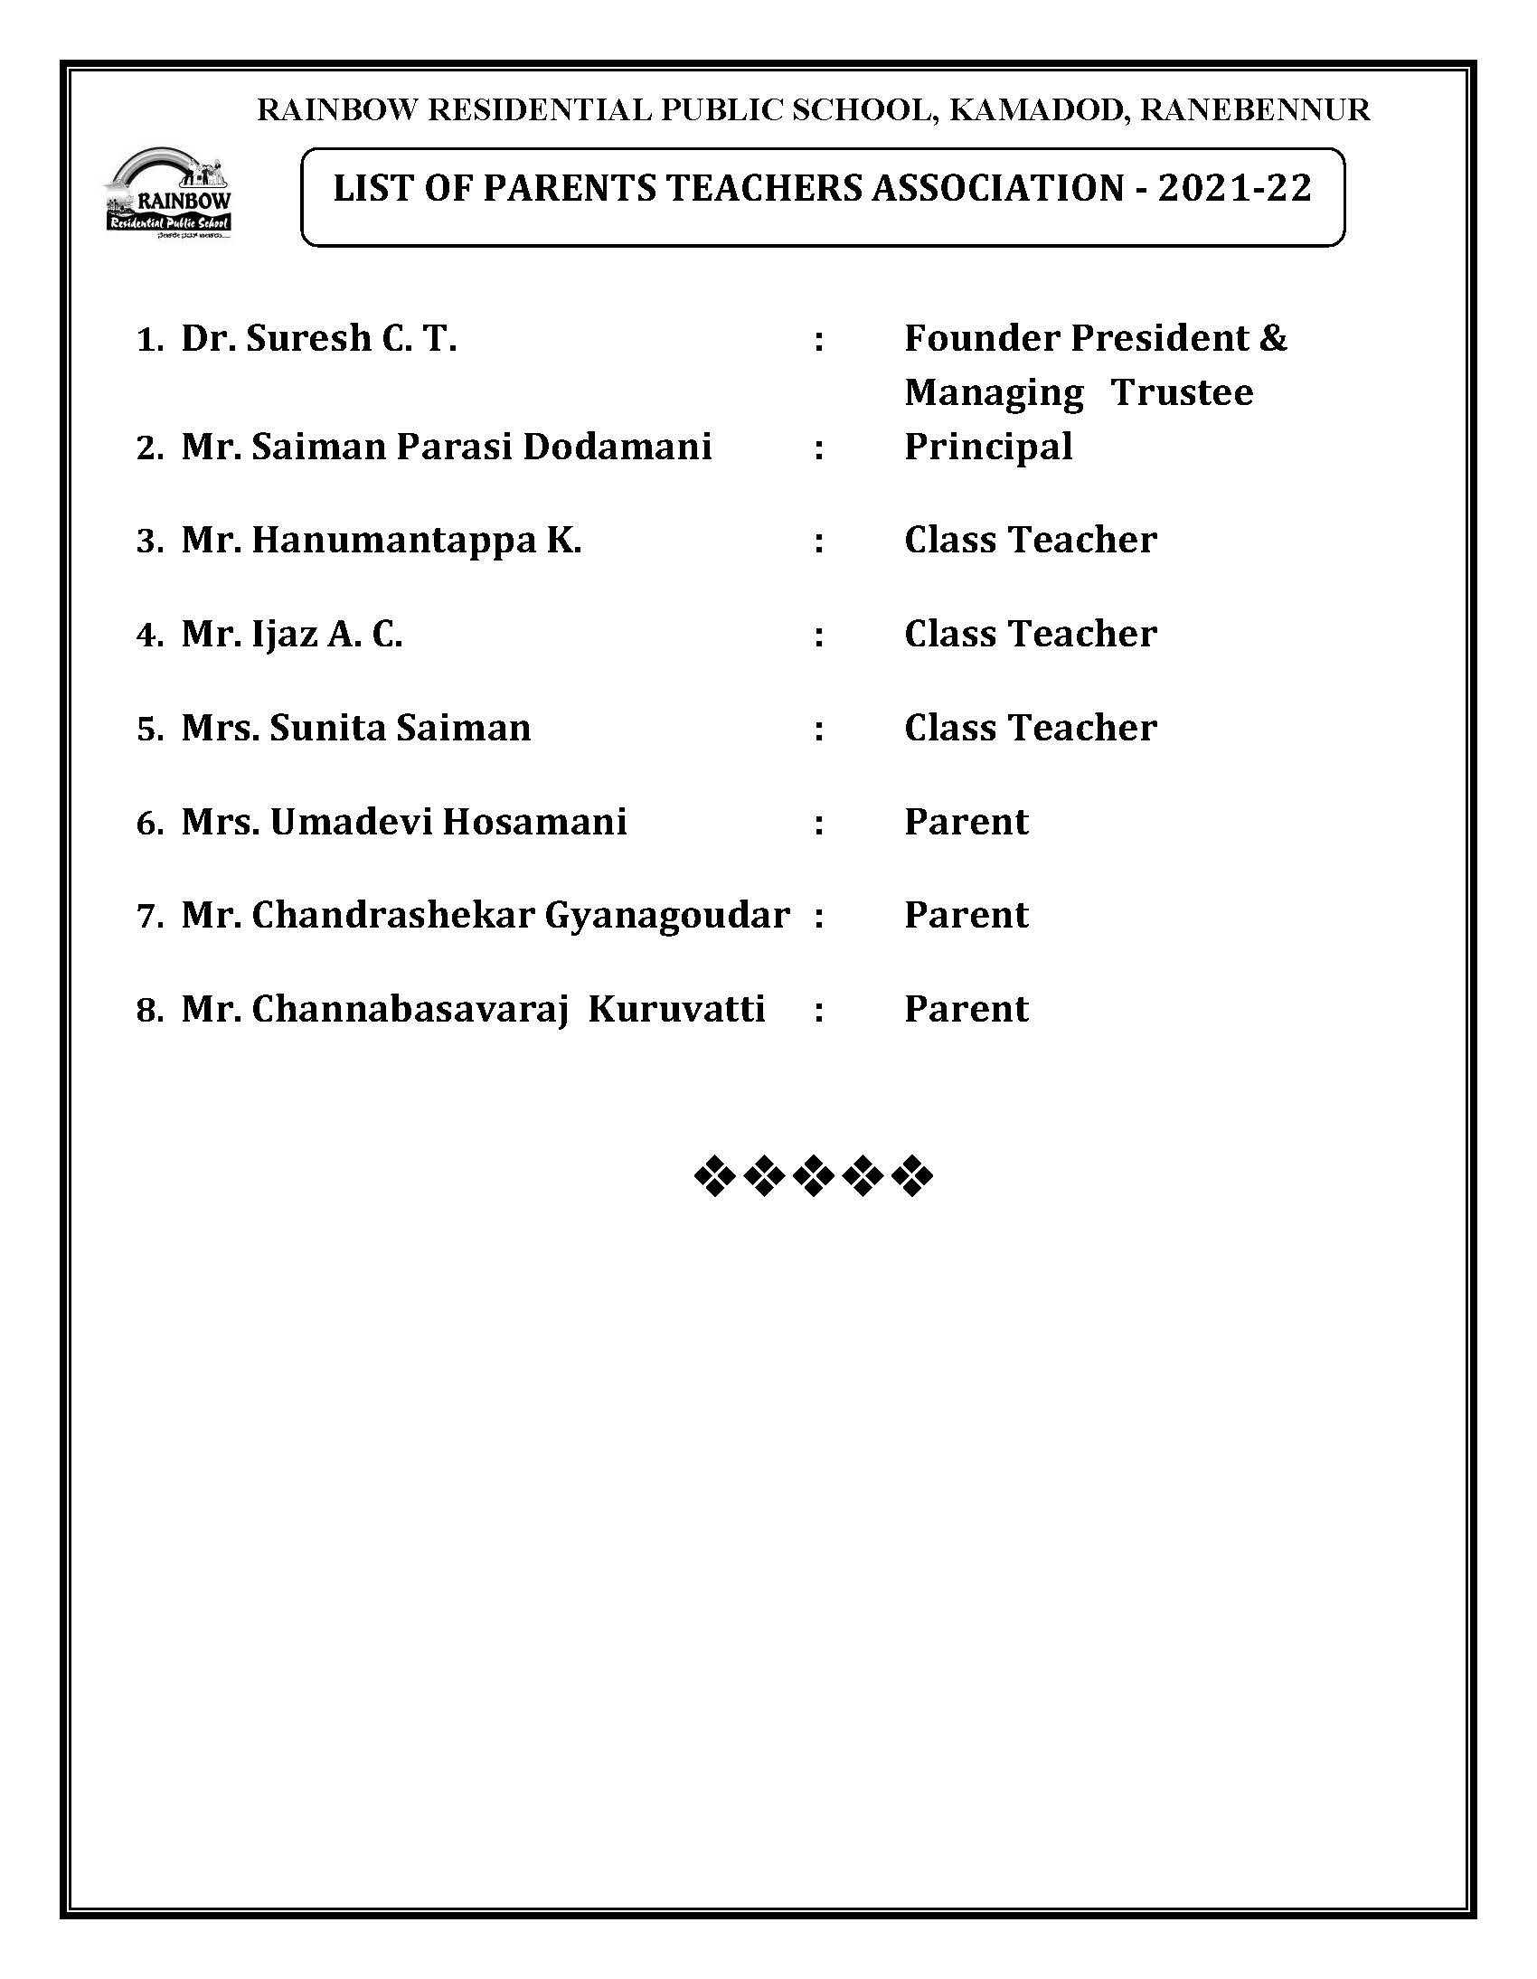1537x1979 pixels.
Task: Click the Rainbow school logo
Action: [168, 193]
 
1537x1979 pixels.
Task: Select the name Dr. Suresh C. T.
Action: [318, 339]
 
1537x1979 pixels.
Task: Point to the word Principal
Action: [988, 447]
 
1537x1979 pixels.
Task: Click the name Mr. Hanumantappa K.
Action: [381, 541]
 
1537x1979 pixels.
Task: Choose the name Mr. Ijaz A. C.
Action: [291, 635]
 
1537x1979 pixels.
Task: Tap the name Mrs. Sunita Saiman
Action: [355, 729]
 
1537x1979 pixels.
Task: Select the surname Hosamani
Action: [533, 822]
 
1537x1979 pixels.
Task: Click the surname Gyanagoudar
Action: [666, 915]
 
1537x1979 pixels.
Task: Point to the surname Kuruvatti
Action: [676, 1010]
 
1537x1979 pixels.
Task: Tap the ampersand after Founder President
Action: [1272, 339]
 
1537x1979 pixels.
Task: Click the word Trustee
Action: [1182, 393]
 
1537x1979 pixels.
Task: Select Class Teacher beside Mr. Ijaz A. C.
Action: [1030, 635]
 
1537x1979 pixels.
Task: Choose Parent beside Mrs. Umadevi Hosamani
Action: [967, 822]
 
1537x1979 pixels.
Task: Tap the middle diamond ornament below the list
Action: [813, 1176]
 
